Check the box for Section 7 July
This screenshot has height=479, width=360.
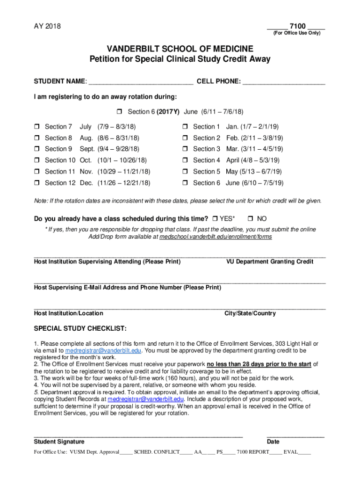[36, 127]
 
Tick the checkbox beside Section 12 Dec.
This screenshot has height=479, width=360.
[36, 183]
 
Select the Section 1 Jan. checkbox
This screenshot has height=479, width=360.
[185, 127]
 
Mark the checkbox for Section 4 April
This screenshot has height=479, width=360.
[185, 160]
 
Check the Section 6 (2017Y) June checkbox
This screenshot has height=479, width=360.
[119, 112]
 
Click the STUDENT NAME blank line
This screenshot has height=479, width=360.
[140, 82]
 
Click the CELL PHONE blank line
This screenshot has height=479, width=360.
[284, 82]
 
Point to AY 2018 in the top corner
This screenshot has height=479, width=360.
[47, 26]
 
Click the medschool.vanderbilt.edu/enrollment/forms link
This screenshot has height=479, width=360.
[216, 237]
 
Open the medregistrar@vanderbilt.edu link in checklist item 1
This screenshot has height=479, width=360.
[103, 350]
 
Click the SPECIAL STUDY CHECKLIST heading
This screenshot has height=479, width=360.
[80, 328]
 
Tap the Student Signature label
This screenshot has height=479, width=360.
[59, 442]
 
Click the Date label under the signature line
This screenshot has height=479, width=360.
[273, 442]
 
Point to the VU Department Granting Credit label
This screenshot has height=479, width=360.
[270, 261]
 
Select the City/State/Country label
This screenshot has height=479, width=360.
[250, 313]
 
